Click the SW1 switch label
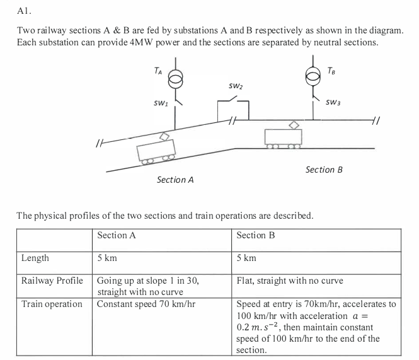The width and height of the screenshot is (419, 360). (161, 102)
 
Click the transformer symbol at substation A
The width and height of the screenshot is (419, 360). (178, 78)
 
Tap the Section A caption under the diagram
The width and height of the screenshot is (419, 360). (175, 180)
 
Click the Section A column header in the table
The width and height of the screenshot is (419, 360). (117, 236)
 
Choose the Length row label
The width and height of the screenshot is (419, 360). (35, 258)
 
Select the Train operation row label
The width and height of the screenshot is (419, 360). (52, 305)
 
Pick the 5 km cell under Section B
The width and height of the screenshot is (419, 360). (247, 258)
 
